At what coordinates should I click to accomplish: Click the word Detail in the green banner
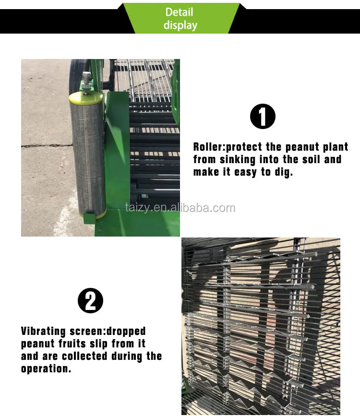179,12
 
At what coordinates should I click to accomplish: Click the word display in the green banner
180,25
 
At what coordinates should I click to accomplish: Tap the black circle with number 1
263,117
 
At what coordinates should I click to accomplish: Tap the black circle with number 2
90,301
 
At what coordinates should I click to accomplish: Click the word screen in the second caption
89,332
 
